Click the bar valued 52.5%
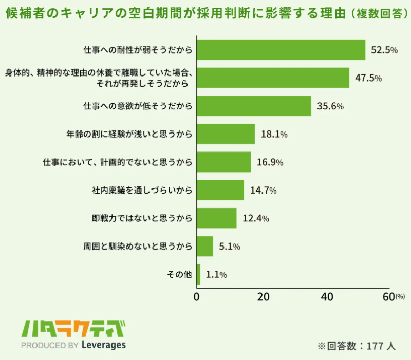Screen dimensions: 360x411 click(x=281, y=50)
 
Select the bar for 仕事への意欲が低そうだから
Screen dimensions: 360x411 click(x=254, y=106)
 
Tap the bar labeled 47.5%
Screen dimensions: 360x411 click(x=273, y=78)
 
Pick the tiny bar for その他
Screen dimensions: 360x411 click(x=198, y=274)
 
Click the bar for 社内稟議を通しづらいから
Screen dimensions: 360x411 click(x=220, y=190)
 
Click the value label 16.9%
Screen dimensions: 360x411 click(x=270, y=162)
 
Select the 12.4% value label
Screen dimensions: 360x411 click(x=256, y=218)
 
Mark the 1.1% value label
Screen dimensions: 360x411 click(x=216, y=275)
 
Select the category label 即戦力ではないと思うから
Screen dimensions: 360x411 click(x=142, y=218)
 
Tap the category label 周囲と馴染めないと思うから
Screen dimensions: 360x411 click(x=138, y=247)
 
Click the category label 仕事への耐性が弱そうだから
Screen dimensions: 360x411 click(x=138, y=50)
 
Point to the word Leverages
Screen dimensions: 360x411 click(x=103, y=345)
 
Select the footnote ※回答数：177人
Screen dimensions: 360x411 click(x=357, y=346)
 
